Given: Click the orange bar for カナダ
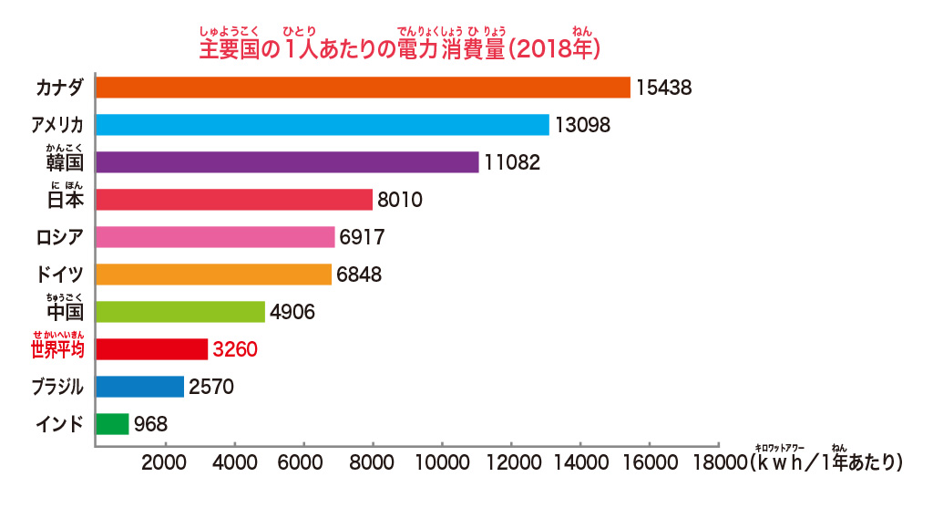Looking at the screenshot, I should [363, 88].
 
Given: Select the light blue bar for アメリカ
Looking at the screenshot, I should [323, 125].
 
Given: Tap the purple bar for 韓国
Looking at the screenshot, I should [287, 162].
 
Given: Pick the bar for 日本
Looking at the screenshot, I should [234, 200].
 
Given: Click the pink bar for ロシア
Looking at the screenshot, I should [215, 237].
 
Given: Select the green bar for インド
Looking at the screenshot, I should [112, 424].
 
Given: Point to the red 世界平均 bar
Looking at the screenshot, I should [151, 349].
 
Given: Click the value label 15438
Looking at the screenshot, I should [664, 88].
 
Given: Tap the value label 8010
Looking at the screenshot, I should [400, 200].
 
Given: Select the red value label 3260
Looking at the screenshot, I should [235, 349].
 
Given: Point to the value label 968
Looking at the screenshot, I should [150, 424].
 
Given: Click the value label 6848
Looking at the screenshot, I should [358, 275].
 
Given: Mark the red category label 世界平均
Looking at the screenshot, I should [57, 349].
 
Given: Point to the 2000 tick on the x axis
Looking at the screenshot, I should [165, 462].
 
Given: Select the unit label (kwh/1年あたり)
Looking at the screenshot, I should [825, 461].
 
